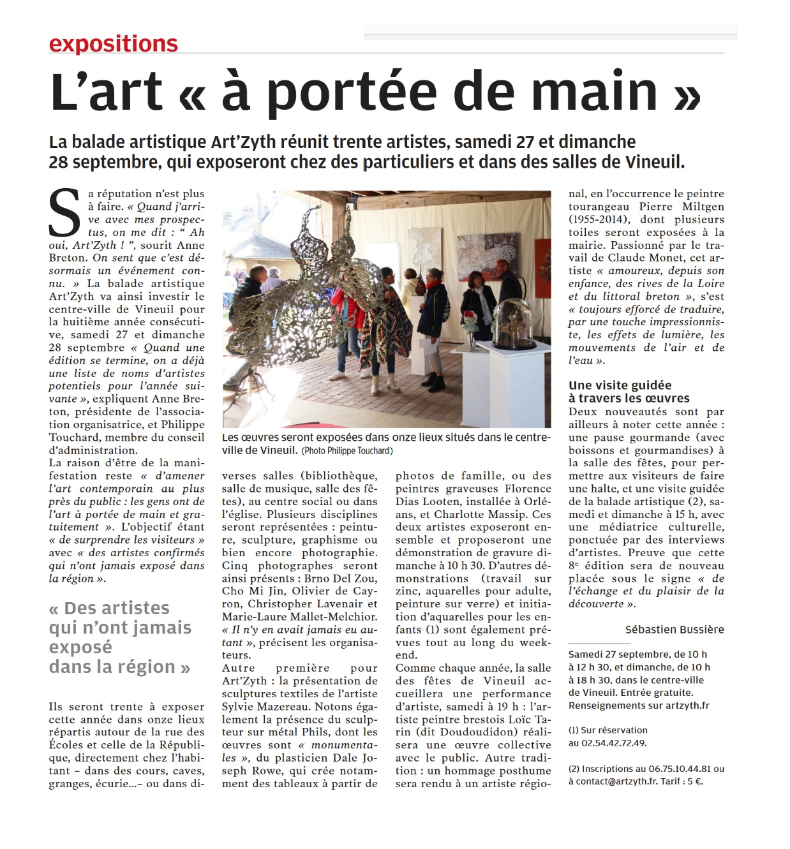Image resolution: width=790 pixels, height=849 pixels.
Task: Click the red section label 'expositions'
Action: pyautogui.click(x=113, y=43)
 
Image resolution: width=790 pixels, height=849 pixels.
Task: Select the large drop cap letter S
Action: pyautogui.click(x=65, y=213)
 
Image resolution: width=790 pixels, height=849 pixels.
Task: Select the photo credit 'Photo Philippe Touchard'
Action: pyautogui.click(x=348, y=451)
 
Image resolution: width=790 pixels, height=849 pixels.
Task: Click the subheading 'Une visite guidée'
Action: pyautogui.click(x=620, y=385)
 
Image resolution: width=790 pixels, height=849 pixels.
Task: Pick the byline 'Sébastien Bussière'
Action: pyautogui.click(x=674, y=630)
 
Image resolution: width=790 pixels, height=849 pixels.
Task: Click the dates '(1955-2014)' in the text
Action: pyautogui.click(x=597, y=219)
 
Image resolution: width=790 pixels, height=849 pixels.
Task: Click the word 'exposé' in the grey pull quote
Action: pyautogui.click(x=80, y=647)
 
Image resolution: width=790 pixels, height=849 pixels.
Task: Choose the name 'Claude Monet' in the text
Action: pyautogui.click(x=646, y=258)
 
